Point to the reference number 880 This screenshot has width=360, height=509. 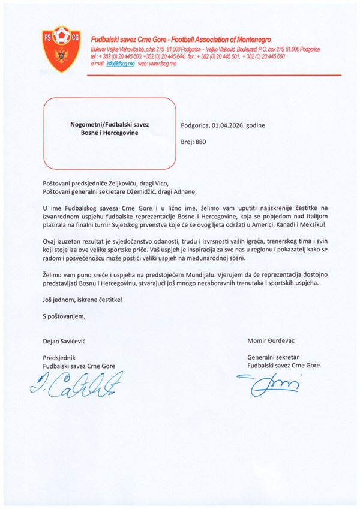(200, 143)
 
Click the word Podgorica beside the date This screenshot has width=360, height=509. (195, 125)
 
